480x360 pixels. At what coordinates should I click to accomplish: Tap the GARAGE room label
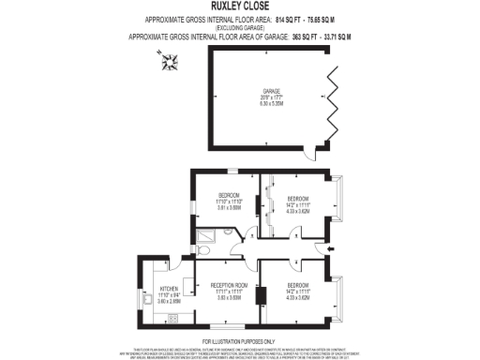[272, 91]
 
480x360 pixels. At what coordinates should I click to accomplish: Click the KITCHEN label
[169, 289]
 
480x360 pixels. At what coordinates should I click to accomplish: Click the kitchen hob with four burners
[172, 318]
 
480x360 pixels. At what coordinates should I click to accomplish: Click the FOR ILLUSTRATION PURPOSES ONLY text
[240, 340]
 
